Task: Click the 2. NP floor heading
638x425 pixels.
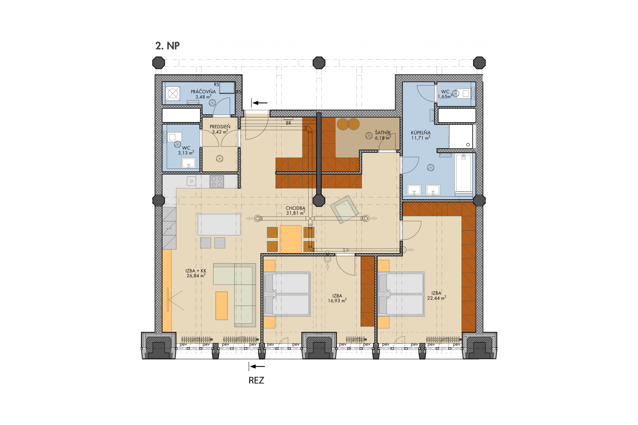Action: [x=167, y=46]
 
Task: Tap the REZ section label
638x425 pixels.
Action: [x=256, y=380]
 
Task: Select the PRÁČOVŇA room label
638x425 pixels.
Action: [x=203, y=92]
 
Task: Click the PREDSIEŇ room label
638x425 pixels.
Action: [x=220, y=127]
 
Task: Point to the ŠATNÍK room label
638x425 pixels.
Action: [x=383, y=133]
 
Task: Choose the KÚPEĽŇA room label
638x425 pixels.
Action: [x=420, y=133]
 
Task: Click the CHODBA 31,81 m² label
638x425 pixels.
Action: [x=296, y=210]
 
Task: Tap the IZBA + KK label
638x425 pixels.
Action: [x=196, y=271]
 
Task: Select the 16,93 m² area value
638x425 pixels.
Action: [x=337, y=300]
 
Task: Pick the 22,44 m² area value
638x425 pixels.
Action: [x=437, y=298]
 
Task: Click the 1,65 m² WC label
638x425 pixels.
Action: [x=445, y=94]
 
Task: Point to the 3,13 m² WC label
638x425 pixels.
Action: [x=186, y=150]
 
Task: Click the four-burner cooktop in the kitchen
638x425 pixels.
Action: [x=216, y=182]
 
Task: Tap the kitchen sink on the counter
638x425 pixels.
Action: [x=191, y=181]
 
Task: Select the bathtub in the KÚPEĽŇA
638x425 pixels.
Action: [x=464, y=173]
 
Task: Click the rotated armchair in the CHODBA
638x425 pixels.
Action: [x=344, y=209]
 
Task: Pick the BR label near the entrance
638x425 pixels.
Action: [x=289, y=123]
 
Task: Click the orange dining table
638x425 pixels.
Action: [x=290, y=239]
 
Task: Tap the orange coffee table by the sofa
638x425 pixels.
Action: [x=221, y=305]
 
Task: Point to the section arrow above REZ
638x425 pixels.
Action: [x=257, y=366]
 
